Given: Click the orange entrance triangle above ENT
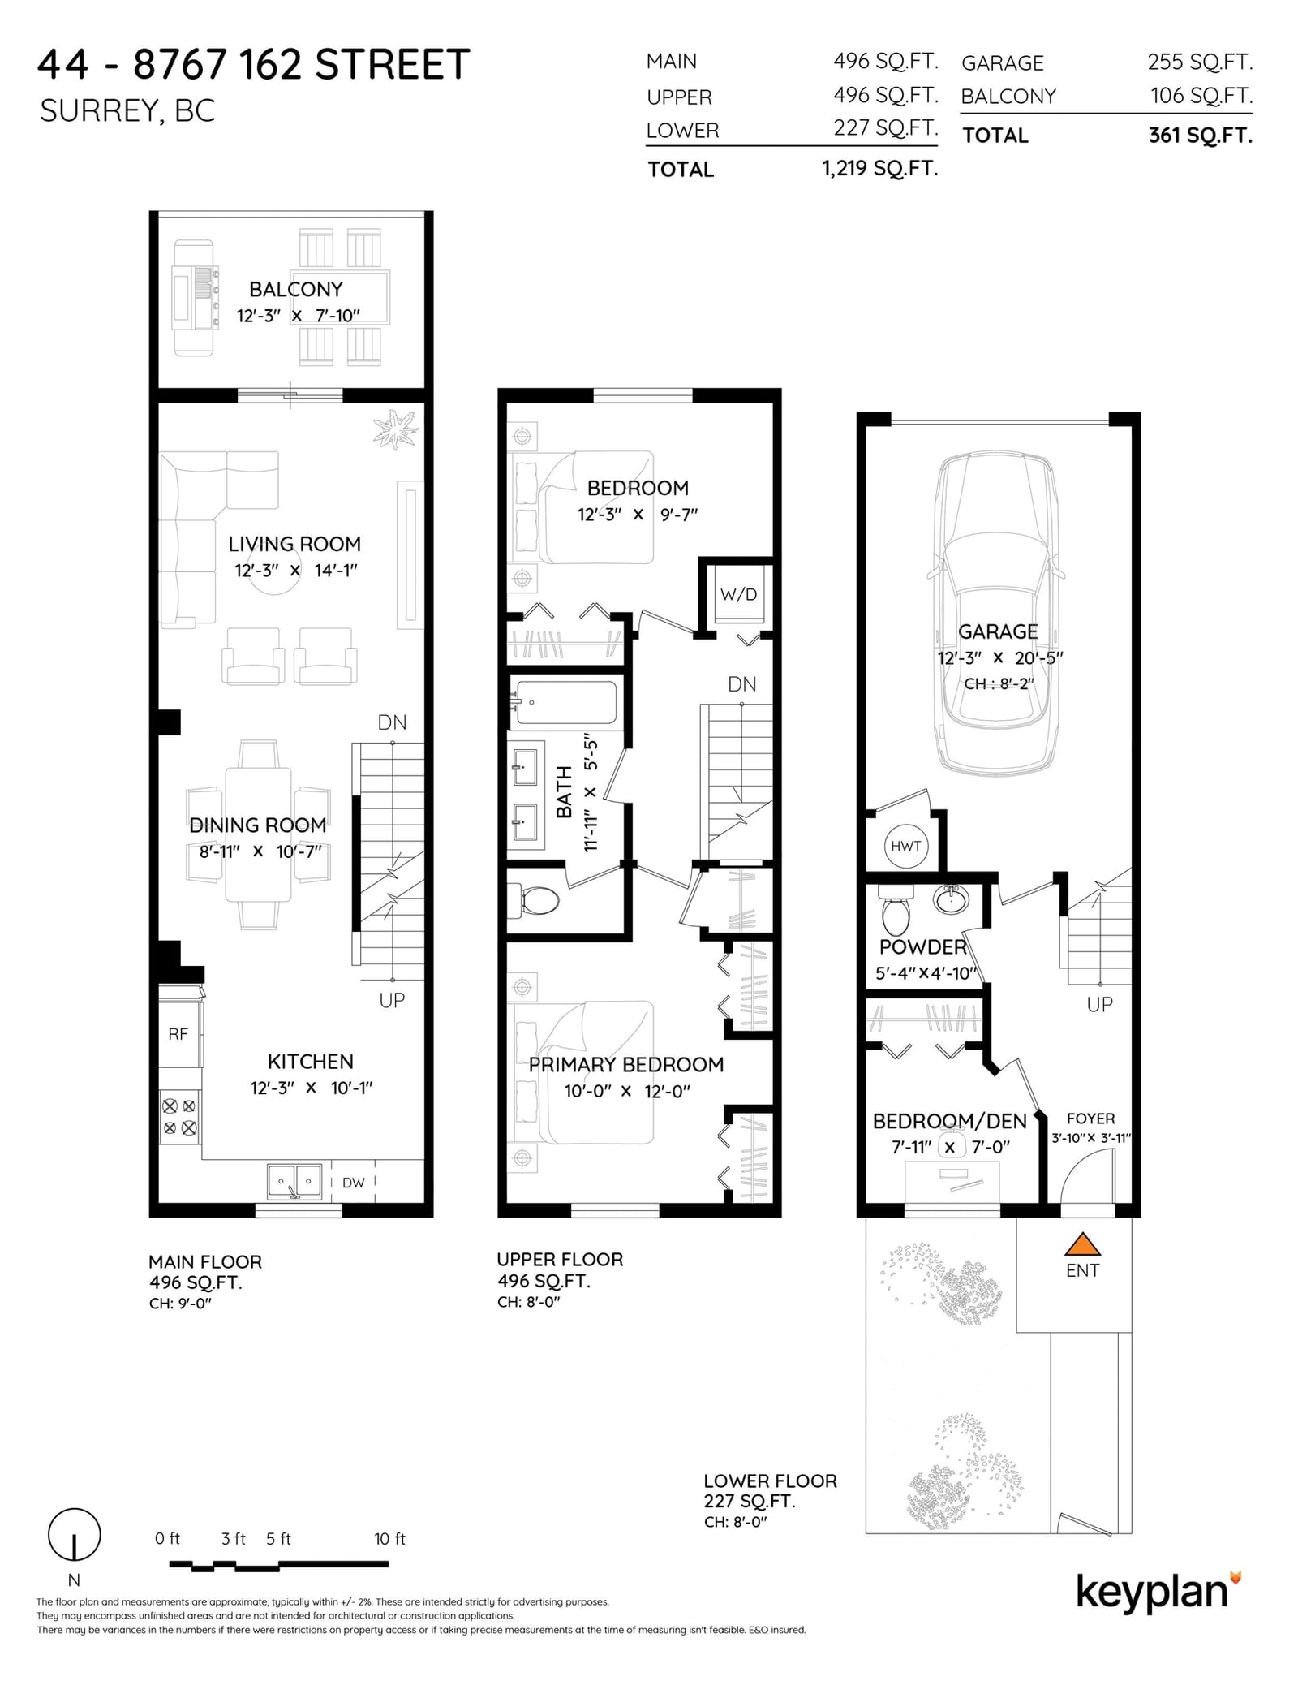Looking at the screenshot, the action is (x=1082, y=1244).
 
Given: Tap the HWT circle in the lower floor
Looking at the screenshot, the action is (x=905, y=846).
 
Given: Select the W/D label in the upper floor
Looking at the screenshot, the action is (x=738, y=594).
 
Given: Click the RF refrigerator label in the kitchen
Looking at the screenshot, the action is (x=178, y=1034).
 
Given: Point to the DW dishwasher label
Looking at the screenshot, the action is (x=353, y=1183).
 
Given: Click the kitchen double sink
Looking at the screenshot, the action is (x=294, y=1181).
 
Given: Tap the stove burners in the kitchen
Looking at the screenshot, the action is (x=179, y=1116).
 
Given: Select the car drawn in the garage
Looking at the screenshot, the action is (x=997, y=613).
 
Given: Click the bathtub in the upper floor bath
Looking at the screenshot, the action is (x=565, y=702).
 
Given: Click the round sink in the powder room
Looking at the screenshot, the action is (x=950, y=899).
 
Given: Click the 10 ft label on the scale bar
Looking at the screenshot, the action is (x=389, y=1539).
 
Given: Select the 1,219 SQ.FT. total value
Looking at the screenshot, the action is (x=879, y=168).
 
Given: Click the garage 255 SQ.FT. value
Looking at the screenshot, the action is (x=1200, y=62).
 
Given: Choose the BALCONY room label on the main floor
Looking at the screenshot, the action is (x=295, y=289).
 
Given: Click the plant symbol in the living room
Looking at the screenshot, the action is (x=395, y=428).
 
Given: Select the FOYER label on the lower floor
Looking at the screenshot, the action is (x=1090, y=1118).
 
